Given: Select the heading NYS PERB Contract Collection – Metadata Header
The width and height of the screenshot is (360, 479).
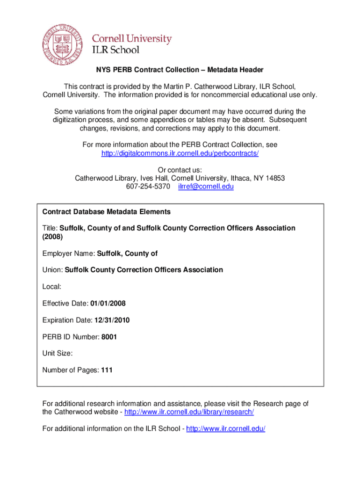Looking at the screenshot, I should [180, 70].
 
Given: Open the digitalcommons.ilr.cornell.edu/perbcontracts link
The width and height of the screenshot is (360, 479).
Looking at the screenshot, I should [180, 153].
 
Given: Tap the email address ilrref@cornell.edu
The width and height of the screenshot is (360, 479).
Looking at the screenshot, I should [206, 186].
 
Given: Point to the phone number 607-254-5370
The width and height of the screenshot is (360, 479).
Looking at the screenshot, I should [148, 186].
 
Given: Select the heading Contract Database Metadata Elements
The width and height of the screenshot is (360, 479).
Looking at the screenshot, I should [107, 212].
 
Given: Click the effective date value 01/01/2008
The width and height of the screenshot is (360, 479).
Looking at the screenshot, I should [108, 304].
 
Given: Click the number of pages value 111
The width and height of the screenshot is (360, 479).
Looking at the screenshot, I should [107, 370].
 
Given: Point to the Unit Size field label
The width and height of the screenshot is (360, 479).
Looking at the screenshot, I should [58, 354].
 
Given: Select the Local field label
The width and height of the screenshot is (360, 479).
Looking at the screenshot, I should [52, 286].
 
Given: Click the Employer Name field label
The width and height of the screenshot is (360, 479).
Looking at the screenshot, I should [68, 254].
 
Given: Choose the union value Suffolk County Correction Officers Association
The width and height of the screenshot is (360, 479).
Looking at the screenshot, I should [144, 270].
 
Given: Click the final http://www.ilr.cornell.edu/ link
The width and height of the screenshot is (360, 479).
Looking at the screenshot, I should [226, 428].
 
